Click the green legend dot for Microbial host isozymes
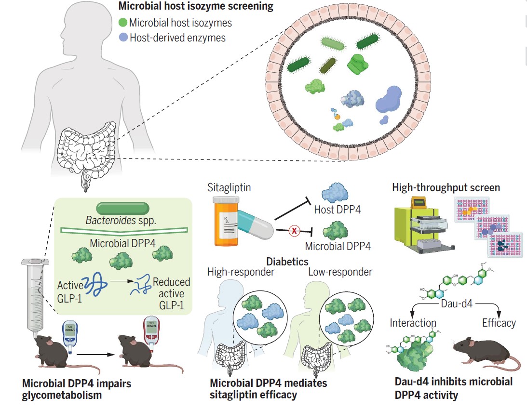[123, 22]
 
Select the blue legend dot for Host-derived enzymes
[123, 37]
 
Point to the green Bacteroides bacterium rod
[123, 208]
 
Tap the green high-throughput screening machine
[422, 225]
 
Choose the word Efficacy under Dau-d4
[499, 323]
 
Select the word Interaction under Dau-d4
[413, 323]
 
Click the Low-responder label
[340, 272]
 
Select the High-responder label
[241, 272]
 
